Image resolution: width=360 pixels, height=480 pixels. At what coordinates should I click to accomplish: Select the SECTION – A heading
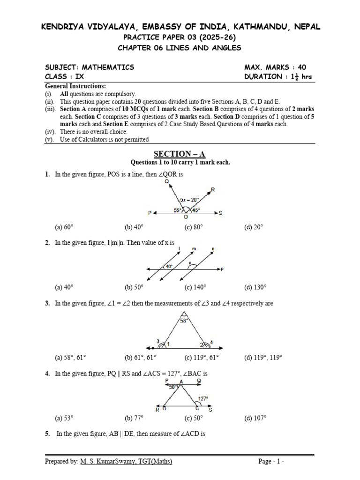(x=180, y=154)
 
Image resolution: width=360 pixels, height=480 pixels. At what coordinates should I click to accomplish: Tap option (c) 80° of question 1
(x=194, y=227)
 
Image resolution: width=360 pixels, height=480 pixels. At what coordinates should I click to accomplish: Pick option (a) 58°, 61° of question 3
(x=70, y=358)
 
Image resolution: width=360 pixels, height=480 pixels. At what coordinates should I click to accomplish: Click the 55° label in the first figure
(x=178, y=210)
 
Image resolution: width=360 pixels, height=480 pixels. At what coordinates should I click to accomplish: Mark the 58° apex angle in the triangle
(x=185, y=321)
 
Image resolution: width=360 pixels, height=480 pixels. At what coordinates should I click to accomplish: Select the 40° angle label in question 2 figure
(x=169, y=266)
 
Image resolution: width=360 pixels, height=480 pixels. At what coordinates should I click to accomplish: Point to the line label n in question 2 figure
(x=213, y=248)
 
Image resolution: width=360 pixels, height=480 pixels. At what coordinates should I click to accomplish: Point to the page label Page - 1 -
(x=271, y=462)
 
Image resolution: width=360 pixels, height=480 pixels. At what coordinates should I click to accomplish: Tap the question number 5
(x=47, y=434)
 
